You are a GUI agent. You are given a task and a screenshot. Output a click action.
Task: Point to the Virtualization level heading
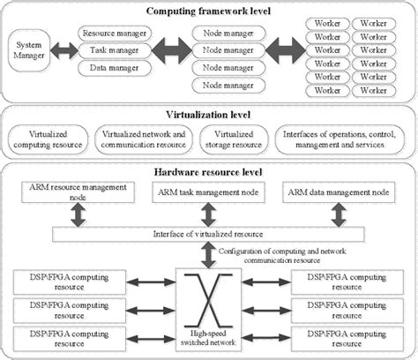click(x=208, y=114)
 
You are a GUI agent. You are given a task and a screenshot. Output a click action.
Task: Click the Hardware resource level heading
click(x=208, y=171)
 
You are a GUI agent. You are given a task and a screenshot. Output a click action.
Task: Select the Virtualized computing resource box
click(x=49, y=139)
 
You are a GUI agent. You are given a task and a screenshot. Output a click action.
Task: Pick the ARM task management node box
click(x=209, y=191)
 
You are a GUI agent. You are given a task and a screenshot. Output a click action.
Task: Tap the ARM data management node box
click(x=336, y=191)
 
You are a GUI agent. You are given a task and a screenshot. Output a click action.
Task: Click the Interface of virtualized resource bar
click(x=208, y=235)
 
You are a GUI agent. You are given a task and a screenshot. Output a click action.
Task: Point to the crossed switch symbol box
click(x=209, y=294)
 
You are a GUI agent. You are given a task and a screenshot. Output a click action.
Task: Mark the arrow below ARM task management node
click(x=209, y=213)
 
